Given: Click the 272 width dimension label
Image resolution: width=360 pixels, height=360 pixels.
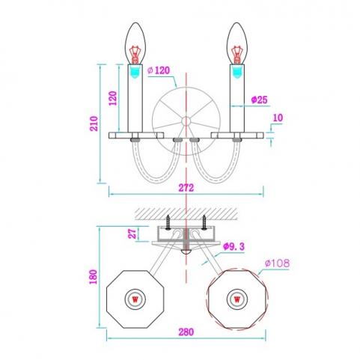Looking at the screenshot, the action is [x=186, y=188].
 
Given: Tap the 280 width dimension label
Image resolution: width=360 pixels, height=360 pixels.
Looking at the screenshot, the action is [x=186, y=332].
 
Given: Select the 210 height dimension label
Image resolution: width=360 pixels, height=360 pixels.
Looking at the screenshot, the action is [x=94, y=123].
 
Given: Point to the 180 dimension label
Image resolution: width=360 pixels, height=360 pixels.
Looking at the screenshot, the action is [x=94, y=277].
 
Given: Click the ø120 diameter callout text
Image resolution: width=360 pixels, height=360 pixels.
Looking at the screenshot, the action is [x=159, y=70].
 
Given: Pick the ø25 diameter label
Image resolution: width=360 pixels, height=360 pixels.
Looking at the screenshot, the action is [x=259, y=100].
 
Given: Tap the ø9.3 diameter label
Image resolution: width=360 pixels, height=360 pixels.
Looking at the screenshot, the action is [x=234, y=247].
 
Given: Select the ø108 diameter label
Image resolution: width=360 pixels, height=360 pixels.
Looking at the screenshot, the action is [x=277, y=263].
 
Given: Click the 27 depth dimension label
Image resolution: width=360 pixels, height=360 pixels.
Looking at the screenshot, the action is [x=132, y=234].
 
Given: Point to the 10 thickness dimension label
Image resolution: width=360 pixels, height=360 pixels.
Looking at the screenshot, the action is [x=278, y=118].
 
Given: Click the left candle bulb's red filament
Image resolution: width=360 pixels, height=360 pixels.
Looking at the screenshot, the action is [x=135, y=55].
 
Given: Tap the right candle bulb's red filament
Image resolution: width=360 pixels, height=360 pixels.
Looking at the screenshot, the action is [x=237, y=55].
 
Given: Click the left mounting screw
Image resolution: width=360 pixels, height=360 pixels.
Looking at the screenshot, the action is [x=168, y=222].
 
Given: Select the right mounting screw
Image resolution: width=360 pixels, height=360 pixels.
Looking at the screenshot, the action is [x=204, y=222].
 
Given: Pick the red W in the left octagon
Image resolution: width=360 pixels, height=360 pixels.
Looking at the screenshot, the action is [x=135, y=299].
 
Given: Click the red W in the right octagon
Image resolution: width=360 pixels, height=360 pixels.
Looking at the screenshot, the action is [x=237, y=299].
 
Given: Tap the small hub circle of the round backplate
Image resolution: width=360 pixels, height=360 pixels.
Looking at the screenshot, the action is [x=186, y=121].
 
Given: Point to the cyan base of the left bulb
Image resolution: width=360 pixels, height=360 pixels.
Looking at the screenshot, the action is [x=135, y=72].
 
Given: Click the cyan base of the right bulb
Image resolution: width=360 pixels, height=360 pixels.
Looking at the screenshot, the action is [x=237, y=72].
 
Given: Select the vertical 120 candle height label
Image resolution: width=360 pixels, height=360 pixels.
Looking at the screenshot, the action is [x=113, y=98].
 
